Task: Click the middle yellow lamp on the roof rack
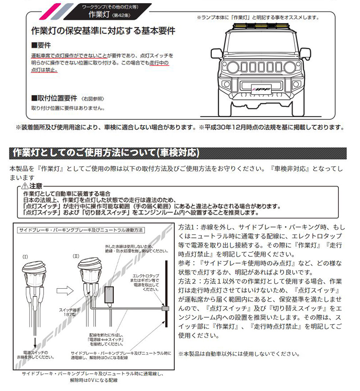(261, 28)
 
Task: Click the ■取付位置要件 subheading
(53, 99)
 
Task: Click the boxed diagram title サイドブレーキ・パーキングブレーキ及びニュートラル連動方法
(81, 230)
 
